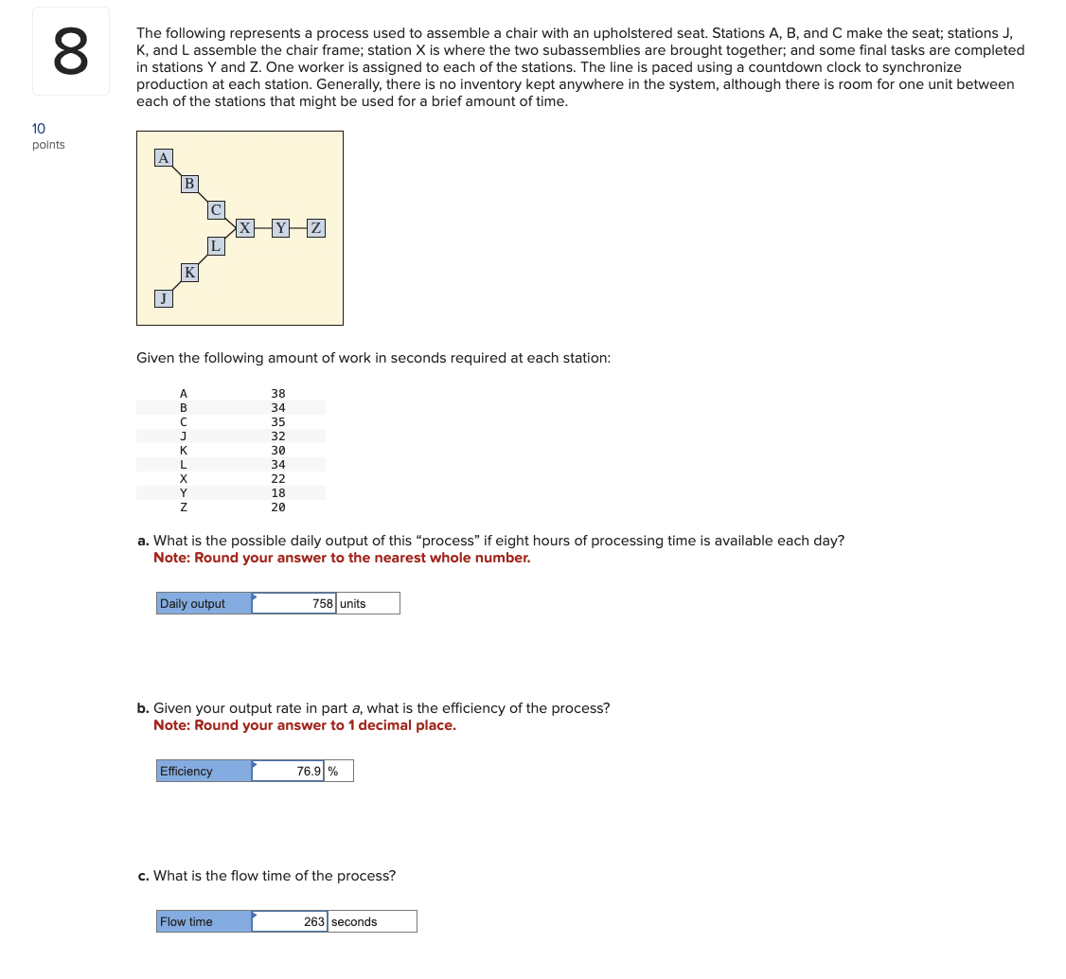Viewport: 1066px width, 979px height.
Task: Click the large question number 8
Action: (71, 52)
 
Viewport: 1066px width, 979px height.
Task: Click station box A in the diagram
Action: (164, 158)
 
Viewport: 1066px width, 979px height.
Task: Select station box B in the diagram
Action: (189, 184)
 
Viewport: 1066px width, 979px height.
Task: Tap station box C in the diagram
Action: (216, 209)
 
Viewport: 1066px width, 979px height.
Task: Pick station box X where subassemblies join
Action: (245, 227)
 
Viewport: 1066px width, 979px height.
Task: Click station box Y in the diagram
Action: (280, 227)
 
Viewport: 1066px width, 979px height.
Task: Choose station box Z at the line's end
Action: (316, 227)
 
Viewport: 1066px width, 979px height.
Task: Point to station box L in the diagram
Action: (216, 245)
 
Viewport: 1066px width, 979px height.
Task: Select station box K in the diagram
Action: (189, 273)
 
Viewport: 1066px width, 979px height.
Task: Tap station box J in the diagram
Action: (164, 298)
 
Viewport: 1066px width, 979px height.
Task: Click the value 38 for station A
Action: (277, 393)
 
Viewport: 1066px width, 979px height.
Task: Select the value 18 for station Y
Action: (277, 492)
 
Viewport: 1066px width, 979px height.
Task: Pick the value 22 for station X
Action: (277, 478)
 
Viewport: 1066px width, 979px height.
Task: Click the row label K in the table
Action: (184, 450)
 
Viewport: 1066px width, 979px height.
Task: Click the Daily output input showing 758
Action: (294, 603)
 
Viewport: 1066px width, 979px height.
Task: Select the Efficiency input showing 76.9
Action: (289, 771)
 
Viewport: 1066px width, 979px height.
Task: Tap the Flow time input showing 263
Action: (291, 921)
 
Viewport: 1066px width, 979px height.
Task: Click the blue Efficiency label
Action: (204, 771)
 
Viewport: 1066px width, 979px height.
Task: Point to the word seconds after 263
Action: (354, 921)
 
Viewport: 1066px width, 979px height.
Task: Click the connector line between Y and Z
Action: (298, 227)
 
